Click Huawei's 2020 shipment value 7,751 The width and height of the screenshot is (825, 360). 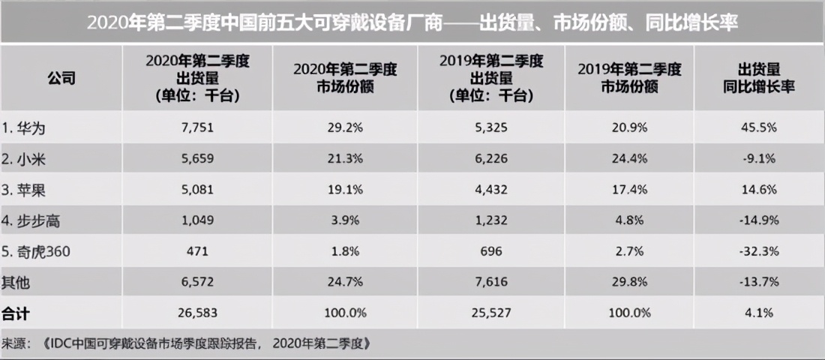pos(198,128)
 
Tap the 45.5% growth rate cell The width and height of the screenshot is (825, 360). pos(759,128)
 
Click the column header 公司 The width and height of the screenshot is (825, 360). pos(61,78)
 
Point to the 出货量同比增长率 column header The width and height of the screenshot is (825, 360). pos(759,78)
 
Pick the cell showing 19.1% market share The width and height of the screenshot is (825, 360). pos(344,190)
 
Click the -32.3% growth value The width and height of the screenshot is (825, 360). pos(759,251)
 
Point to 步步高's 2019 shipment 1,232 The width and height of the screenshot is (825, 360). pos(491,220)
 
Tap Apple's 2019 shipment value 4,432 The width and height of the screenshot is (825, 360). pos(491,190)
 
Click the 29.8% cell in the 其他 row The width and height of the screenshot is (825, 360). pos(630,282)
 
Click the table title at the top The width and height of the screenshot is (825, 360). pos(412,23)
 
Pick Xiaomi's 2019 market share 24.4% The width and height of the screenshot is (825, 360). pos(630,159)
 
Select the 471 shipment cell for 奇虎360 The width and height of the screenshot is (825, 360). pos(198,251)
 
